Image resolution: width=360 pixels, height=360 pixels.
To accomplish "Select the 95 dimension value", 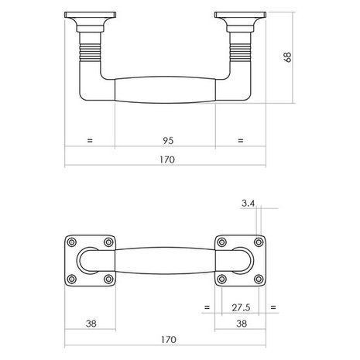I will point(168,141).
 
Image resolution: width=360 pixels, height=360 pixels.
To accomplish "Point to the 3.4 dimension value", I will point(248,204).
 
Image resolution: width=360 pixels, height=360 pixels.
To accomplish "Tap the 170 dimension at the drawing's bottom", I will point(168,339).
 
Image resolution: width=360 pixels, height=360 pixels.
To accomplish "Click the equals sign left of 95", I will point(90,141).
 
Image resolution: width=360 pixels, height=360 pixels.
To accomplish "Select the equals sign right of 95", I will point(241,141).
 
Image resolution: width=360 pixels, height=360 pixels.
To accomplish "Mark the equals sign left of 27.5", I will point(207,307).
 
